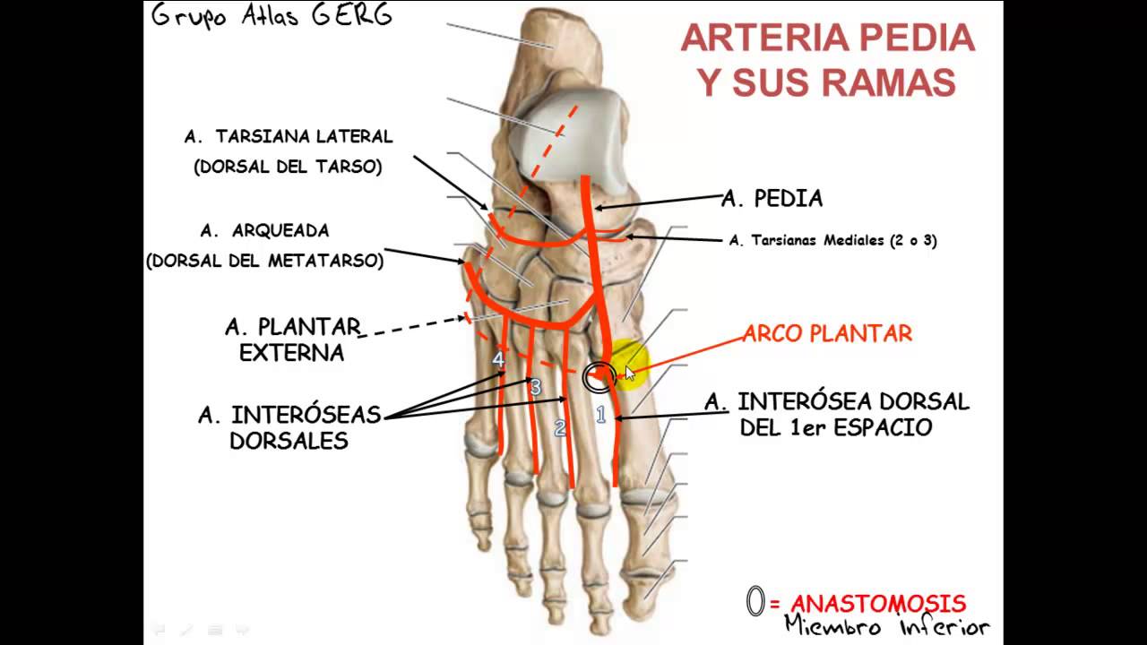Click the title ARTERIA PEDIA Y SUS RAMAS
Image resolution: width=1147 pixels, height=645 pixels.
827,60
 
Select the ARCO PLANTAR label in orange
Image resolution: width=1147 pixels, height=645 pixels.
827,334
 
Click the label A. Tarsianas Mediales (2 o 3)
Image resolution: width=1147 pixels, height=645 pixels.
832,240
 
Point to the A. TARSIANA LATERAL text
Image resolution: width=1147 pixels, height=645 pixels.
289,137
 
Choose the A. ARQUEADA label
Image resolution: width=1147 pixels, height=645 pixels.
264,230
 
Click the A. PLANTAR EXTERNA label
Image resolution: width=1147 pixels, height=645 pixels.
292,340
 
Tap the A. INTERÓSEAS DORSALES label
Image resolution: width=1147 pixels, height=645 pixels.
289,427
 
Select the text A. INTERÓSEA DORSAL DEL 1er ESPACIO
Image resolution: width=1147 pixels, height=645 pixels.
836,414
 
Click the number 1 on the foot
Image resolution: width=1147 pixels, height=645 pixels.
601,414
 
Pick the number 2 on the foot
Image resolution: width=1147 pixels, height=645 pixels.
561,427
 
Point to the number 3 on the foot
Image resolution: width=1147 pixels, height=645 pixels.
535,387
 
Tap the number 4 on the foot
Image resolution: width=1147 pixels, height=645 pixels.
499,359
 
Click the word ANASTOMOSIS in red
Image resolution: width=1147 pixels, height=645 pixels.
877,604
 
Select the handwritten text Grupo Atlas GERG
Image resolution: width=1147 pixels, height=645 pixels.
271,16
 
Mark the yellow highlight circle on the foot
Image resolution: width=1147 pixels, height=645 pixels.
627,365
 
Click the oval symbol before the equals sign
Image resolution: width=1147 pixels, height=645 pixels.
755,602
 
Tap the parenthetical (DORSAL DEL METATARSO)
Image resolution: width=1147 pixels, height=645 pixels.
264,261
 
